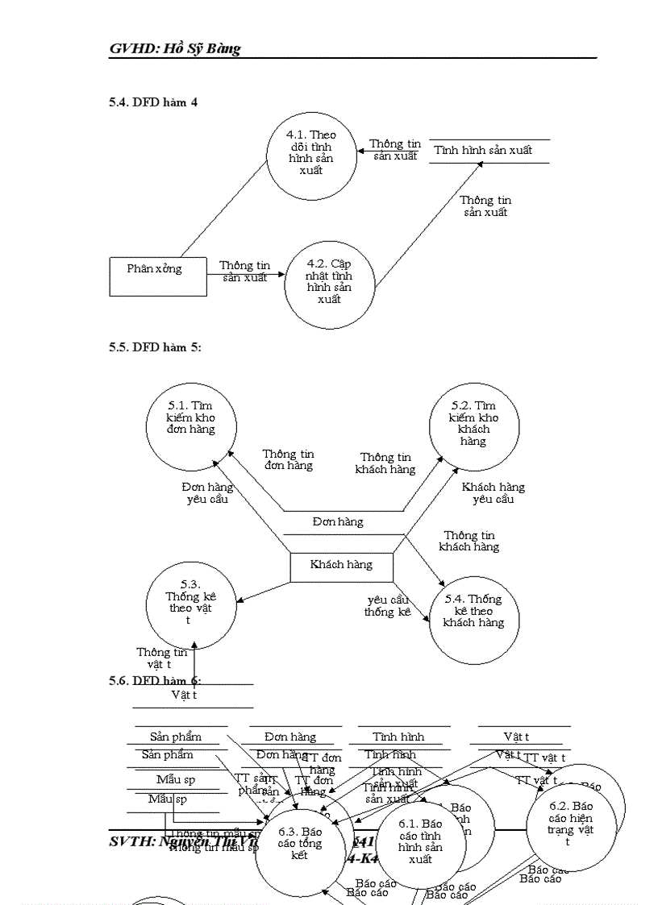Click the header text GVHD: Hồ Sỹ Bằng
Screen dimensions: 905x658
pos(175,49)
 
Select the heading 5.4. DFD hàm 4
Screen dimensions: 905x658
pos(153,102)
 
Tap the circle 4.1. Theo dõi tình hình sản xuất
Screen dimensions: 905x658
pos(313,153)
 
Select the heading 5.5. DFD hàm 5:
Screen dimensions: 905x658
pos(155,347)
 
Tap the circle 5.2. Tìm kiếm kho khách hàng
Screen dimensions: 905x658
pos(474,424)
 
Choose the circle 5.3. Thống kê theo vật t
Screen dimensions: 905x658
pos(191,604)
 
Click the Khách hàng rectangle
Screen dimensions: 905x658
pos(342,566)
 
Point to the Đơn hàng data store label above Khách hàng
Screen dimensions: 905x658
pos(339,522)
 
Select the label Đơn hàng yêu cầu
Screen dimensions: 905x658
pos(207,492)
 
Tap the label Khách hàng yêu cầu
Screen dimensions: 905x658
pos(493,492)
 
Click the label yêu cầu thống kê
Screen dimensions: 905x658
pos(388,606)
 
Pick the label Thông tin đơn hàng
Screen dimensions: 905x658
pos(288,459)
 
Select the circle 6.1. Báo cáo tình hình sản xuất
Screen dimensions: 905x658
pos(420,842)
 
